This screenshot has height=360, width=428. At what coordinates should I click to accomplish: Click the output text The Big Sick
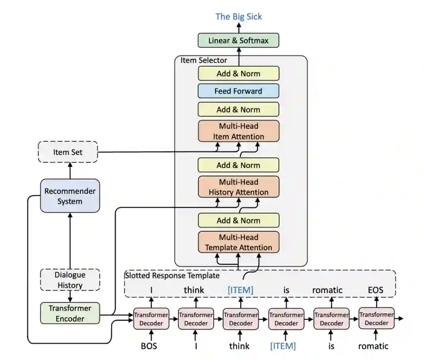coord(239,17)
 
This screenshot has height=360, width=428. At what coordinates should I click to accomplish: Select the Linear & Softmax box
coord(239,41)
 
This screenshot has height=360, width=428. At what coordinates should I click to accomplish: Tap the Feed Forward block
coord(239,91)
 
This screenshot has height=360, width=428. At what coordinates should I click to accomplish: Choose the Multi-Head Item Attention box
coord(239,131)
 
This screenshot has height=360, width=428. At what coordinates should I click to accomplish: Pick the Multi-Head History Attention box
coord(239,187)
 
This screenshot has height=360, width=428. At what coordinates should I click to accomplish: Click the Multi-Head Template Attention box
coord(239,242)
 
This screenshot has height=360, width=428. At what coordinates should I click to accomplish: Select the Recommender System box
coord(70,196)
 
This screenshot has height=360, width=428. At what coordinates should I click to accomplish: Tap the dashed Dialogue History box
coord(70,280)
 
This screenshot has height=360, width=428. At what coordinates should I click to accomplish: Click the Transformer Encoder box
coord(70,313)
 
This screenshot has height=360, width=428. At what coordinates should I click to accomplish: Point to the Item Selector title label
coord(204,61)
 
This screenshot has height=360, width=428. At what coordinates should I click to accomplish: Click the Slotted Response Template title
coord(172,275)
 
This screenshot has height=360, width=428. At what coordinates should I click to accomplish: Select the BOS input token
coord(149,346)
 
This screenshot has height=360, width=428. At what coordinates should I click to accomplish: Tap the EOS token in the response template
coord(375,290)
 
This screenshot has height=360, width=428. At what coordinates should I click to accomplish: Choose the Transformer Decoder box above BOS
coord(151,318)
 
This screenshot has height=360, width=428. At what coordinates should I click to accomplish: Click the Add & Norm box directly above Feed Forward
coord(239,73)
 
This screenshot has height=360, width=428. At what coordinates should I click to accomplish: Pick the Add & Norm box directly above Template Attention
coord(239,220)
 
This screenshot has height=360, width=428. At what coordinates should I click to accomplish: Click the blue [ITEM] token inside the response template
coord(241,290)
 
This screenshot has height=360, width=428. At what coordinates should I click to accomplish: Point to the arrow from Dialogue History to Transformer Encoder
coord(70,296)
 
